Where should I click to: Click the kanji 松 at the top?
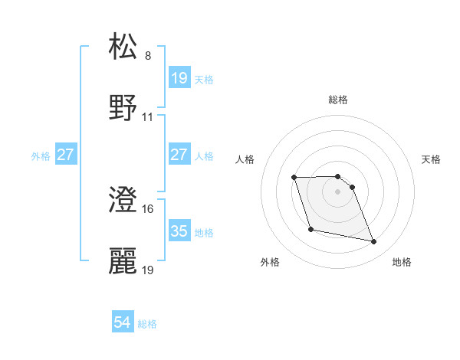click(x=124, y=47)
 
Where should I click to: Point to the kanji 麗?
click(x=124, y=261)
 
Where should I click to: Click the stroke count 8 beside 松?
click(x=148, y=56)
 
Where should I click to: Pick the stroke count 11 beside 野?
click(x=148, y=117)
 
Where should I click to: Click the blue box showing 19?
click(x=179, y=78)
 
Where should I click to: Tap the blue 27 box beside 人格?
click(x=179, y=155)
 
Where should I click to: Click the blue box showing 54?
click(x=123, y=323)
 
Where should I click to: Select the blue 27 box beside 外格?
click(x=65, y=155)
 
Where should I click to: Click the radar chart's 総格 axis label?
click(x=338, y=100)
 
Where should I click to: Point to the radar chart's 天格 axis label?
click(x=431, y=159)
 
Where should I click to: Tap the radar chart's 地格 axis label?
click(x=402, y=262)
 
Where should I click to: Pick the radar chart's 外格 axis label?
click(x=270, y=262)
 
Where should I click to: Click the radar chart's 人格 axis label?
click(x=245, y=159)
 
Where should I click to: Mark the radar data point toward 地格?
click(x=374, y=242)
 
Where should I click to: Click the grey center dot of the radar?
click(x=338, y=191)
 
